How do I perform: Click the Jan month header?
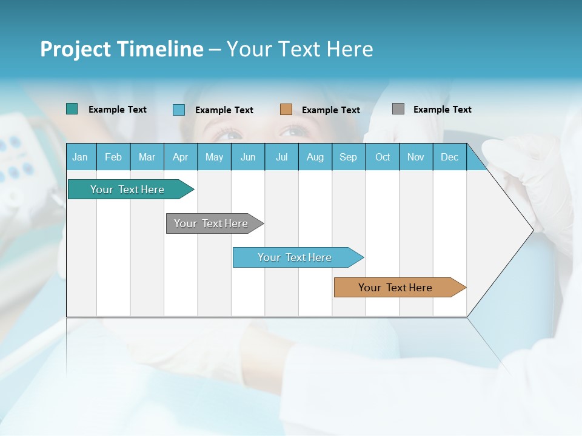[80, 157]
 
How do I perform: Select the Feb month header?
[113, 157]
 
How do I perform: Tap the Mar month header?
[147, 157]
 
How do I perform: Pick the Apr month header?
[180, 157]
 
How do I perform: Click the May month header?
[214, 157]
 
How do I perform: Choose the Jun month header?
[248, 157]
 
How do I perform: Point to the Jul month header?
[281, 157]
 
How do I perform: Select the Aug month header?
[315, 157]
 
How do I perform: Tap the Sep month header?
[348, 157]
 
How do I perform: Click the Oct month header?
[383, 157]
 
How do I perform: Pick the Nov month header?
[416, 157]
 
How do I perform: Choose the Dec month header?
[449, 157]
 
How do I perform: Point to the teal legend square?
[72, 109]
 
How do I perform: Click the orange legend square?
[286, 110]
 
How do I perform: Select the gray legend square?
[398, 109]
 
